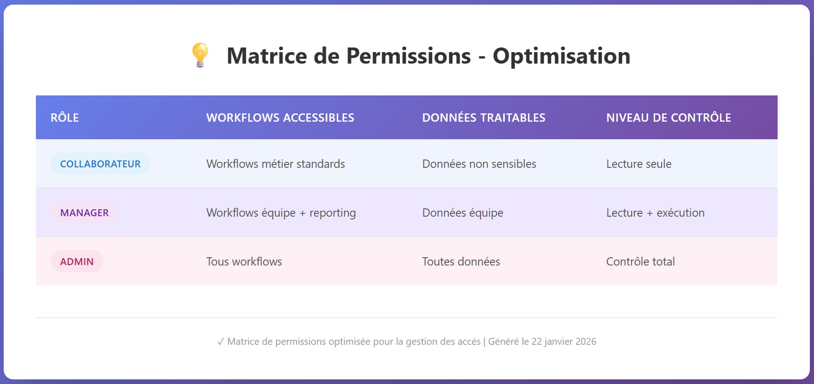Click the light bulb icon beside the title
tap(200, 55)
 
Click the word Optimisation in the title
tap(561, 56)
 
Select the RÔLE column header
tap(64, 118)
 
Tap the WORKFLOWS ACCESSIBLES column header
tap(280, 118)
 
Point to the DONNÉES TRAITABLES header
tap(483, 118)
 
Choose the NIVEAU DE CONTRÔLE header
tap(668, 118)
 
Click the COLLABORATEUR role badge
tap(100, 164)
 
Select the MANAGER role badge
tap(84, 213)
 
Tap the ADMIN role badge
tap(77, 261)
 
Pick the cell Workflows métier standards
tap(275, 164)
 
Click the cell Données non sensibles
tap(479, 164)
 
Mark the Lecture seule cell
tap(638, 164)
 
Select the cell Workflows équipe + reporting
tap(281, 213)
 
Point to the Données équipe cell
tap(463, 213)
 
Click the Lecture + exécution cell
tap(655, 213)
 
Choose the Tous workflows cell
tap(244, 261)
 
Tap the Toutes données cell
tap(461, 261)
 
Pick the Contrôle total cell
tap(640, 261)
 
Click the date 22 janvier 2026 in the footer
tap(564, 342)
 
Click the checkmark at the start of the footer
tap(221, 342)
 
